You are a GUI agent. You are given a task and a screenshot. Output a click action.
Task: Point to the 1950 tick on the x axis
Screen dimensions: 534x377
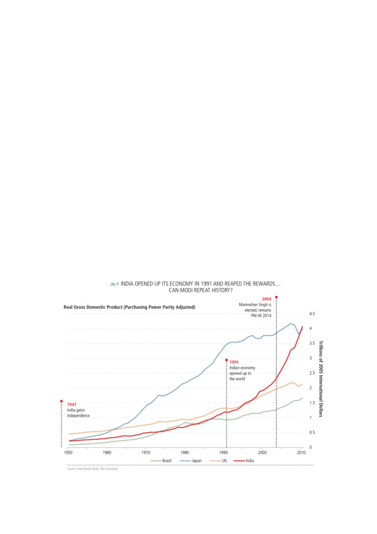pos(68,452)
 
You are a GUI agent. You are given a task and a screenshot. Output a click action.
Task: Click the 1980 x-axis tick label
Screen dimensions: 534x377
pos(185,452)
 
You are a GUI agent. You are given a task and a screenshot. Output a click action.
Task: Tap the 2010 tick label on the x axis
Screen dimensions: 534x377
pos(301,452)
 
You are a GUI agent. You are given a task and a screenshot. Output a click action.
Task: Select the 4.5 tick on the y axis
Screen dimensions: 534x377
pos(312,314)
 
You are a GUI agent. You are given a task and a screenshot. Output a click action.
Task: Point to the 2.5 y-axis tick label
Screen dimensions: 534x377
pos(312,373)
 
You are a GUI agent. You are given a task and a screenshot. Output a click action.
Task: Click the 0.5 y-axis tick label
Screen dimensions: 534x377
pos(312,432)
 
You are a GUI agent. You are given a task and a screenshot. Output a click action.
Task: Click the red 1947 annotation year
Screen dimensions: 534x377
pos(72,405)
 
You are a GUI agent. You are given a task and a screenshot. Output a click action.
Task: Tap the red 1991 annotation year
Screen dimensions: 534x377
pos(234,362)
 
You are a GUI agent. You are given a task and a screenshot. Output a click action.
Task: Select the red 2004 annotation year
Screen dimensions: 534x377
pos(266,299)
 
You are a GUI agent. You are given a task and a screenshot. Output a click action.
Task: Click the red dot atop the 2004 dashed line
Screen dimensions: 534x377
pos(276,297)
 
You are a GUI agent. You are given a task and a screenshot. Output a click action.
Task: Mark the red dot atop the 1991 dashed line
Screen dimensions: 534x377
pos(227,360)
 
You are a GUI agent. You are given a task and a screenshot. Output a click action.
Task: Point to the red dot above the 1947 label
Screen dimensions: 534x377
pos(61,401)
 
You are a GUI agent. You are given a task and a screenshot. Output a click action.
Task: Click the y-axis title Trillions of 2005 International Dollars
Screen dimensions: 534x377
pos(320,379)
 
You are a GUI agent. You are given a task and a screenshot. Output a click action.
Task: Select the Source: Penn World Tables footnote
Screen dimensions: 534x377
pos(92,469)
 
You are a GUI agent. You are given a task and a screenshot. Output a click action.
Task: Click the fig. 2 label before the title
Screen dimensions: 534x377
pos(114,284)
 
